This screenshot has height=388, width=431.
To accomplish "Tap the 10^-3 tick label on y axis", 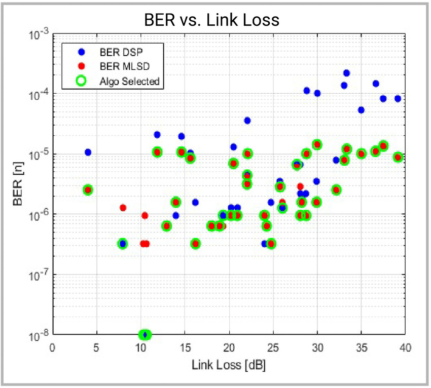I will (39, 34).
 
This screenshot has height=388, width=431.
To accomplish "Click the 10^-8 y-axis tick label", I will (39, 334).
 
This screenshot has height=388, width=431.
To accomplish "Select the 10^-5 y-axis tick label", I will (39, 154).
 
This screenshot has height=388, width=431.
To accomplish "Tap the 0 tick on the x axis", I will (53, 348).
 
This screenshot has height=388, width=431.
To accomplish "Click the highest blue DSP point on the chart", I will (347, 73).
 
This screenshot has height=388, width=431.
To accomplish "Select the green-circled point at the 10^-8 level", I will (145, 334).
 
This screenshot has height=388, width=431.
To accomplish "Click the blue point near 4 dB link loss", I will (88, 152).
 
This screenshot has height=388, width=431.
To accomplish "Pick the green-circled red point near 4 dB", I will (88, 190).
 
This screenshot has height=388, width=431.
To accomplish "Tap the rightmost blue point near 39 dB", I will (398, 99).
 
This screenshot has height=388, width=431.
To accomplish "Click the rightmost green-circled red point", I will (398, 157).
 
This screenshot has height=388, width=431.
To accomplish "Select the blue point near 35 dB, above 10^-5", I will (361, 110).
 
